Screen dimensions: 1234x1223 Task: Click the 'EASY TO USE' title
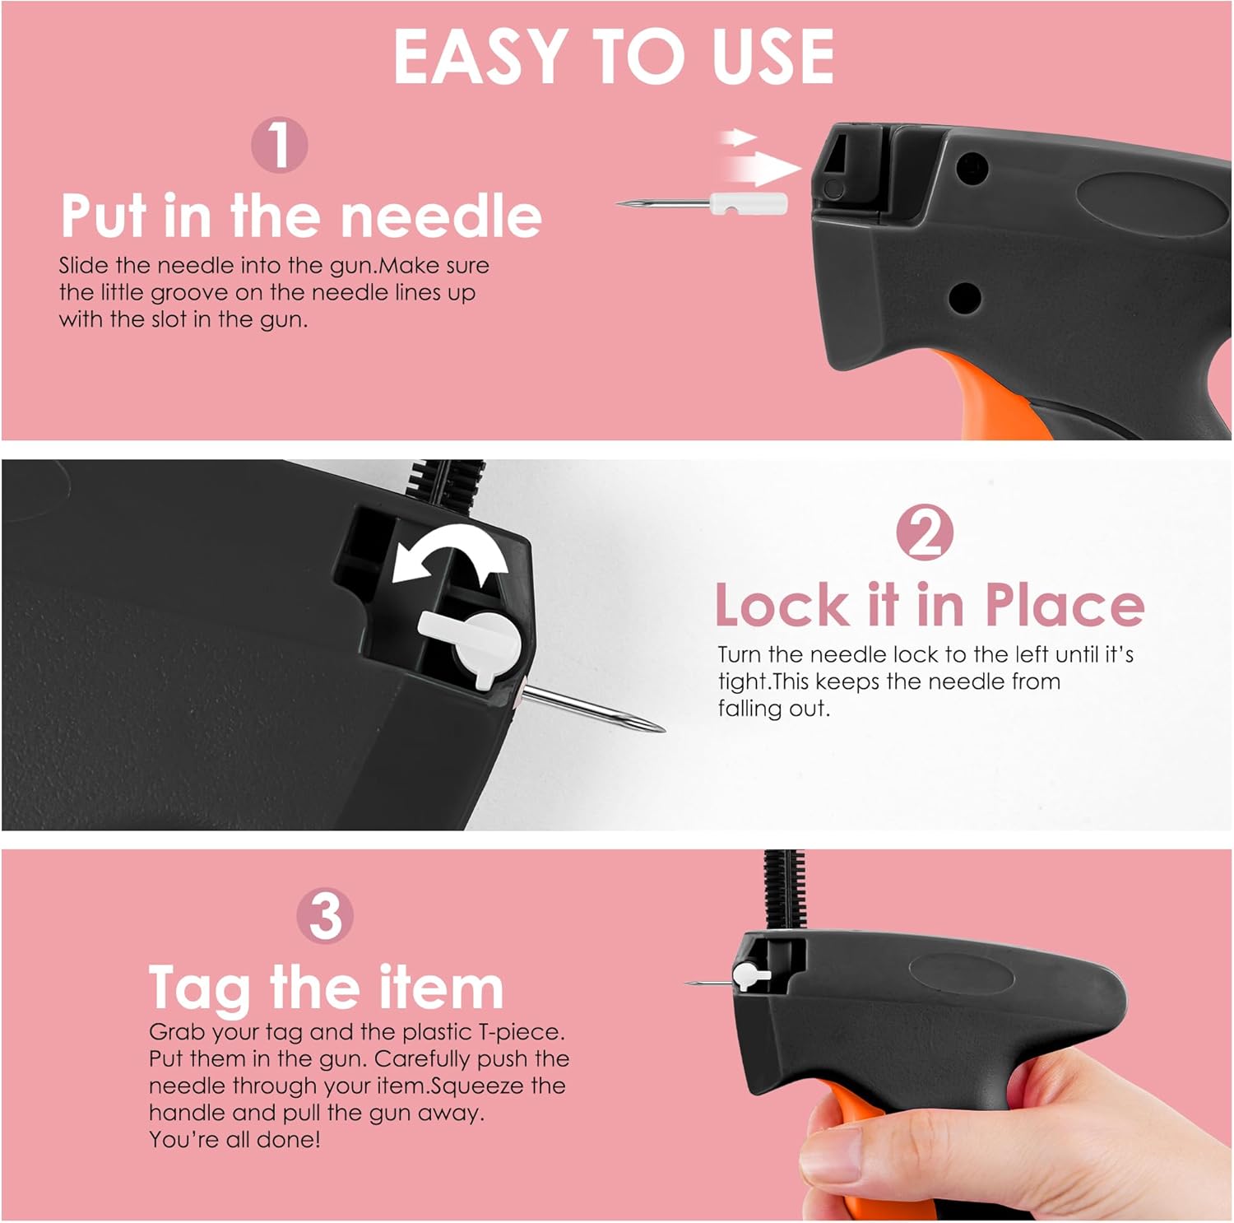pos(614,56)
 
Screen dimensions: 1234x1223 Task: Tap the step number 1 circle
pos(280,145)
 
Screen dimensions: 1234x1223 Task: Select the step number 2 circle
pos(925,532)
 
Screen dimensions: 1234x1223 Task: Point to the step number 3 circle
pos(325,915)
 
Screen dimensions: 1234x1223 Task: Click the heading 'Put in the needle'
pos(301,216)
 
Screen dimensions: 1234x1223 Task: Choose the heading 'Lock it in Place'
pos(930,604)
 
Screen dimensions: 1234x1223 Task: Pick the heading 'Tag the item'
pos(326,989)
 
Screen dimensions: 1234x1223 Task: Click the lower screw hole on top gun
pos(963,297)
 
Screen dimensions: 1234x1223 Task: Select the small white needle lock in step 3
pos(750,976)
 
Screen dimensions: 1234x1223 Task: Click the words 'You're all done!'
pos(234,1140)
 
